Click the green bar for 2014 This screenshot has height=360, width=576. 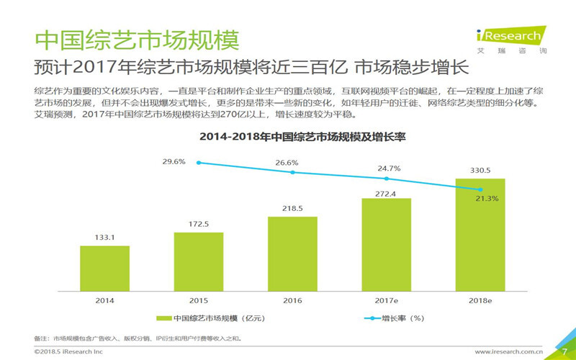104,267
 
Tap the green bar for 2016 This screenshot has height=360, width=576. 292,252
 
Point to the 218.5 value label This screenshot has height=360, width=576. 292,207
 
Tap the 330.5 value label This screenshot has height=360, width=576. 480,170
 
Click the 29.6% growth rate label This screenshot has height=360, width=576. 174,162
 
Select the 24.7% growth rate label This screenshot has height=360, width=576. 390,168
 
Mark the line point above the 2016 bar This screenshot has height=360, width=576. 292,172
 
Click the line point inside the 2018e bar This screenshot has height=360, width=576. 480,189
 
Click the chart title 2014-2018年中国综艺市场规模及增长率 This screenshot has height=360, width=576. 292,137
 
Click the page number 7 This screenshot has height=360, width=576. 564,351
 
